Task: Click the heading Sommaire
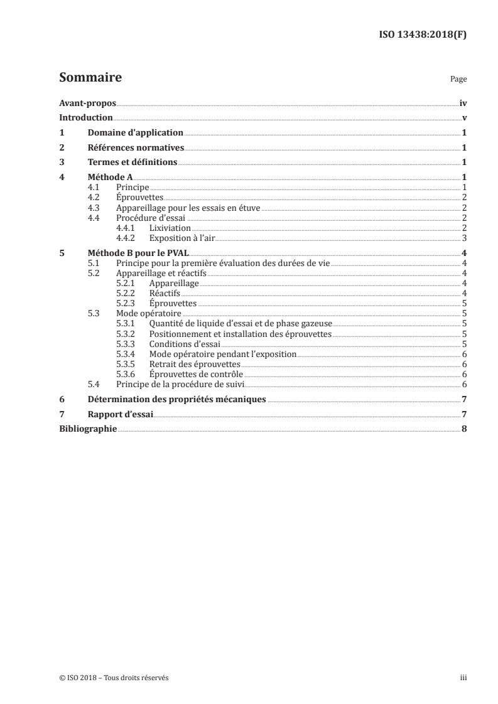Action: point(90,78)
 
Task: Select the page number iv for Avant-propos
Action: point(462,104)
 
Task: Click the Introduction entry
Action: point(86,118)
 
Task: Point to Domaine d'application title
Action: point(135,133)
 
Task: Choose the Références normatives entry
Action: point(135,148)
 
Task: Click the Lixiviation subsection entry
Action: point(170,228)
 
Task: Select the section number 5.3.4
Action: point(126,354)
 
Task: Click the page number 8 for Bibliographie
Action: point(463,429)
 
